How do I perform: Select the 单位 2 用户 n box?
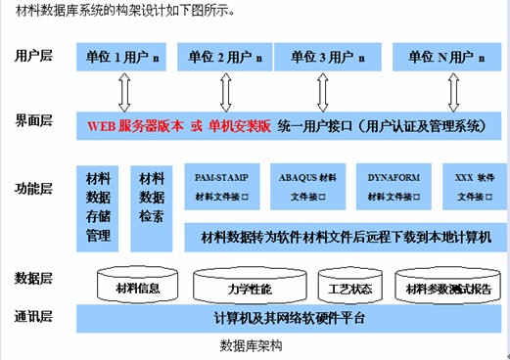(227, 57)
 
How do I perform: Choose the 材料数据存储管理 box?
(98, 207)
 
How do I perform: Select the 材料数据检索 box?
(151, 207)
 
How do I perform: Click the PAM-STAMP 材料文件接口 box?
(221, 187)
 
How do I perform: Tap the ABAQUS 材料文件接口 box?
(306, 187)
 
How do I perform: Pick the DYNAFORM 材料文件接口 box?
(393, 187)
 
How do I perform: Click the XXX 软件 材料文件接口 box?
(475, 187)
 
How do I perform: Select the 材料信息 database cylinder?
(137, 288)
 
